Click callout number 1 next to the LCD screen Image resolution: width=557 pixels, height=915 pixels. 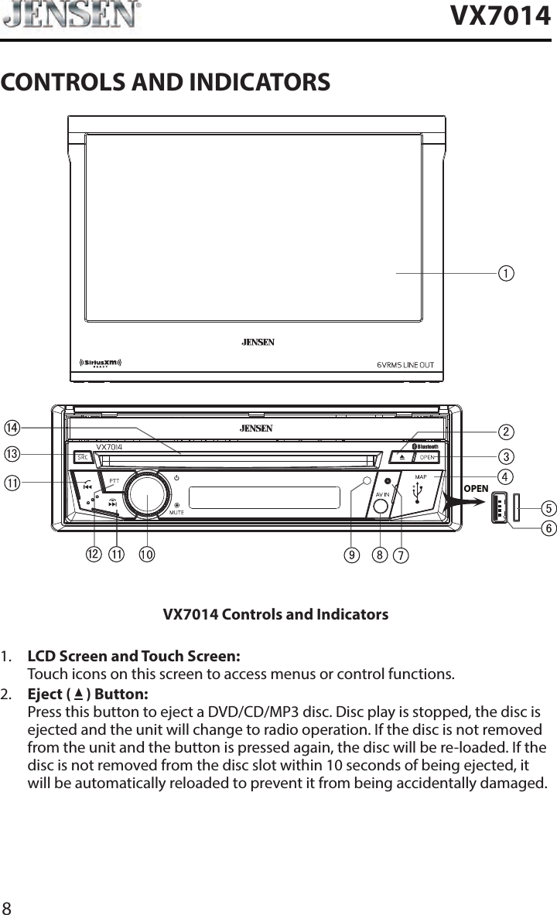pyautogui.click(x=506, y=274)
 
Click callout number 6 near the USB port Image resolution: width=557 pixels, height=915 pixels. pyautogui.click(x=548, y=528)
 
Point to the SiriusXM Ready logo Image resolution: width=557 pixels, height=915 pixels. pyautogui.click(x=102, y=364)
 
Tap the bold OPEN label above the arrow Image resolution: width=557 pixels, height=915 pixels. pyautogui.click(x=476, y=489)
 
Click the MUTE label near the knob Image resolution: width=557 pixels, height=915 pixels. pyautogui.click(x=176, y=512)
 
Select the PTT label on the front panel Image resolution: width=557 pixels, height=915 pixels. pyautogui.click(x=113, y=480)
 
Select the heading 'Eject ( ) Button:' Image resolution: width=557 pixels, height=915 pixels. pyautogui.click(x=88, y=693)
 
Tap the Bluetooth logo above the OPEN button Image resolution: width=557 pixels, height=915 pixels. pyautogui.click(x=425, y=446)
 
